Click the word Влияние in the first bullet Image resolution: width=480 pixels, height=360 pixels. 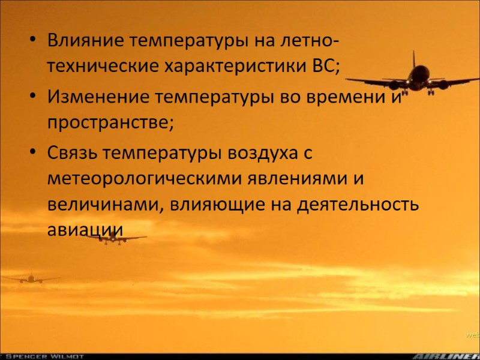85,41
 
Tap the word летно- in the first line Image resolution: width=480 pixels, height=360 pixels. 306,41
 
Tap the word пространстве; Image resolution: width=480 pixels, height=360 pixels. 110,122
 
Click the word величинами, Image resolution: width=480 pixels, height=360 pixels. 103,204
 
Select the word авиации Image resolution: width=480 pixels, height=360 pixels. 85,230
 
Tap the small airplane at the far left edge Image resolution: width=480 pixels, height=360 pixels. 29,278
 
